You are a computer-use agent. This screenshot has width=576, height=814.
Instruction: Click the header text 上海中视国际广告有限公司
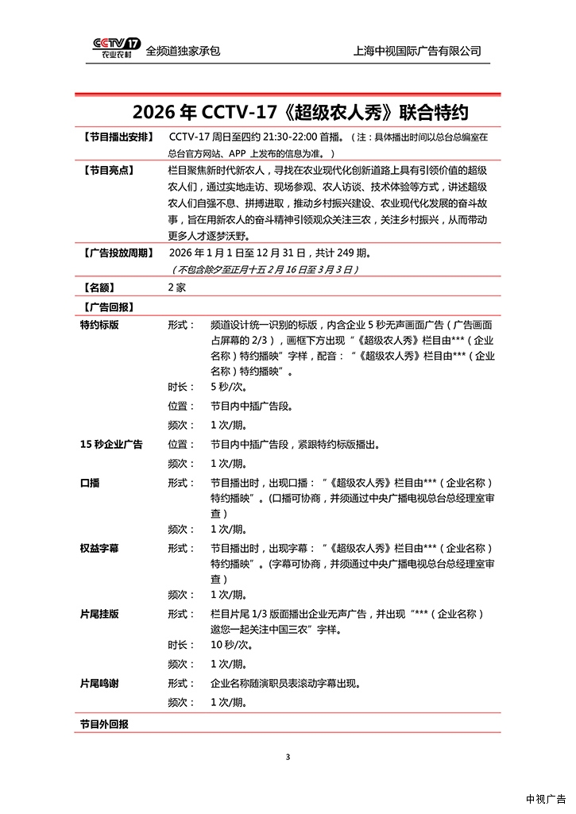pos(417,51)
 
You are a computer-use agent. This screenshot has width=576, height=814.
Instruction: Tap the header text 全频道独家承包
pos(183,51)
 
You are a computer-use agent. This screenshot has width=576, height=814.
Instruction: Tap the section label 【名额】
pos(99,287)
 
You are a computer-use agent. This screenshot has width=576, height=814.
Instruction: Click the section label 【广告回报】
pos(106,307)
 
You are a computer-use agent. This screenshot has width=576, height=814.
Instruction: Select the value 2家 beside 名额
pos(176,287)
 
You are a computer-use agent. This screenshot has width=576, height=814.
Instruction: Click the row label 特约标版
pos(99,325)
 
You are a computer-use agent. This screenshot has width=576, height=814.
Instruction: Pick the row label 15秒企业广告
pos(111,445)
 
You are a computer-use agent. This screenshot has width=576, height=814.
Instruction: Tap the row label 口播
pos(90,483)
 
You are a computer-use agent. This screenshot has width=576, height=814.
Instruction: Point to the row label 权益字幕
pos(99,549)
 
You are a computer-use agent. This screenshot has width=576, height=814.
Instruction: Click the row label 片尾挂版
pos(99,615)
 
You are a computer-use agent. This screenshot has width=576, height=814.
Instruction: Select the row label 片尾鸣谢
pos(99,683)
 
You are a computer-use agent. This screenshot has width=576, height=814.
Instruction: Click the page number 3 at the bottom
pos(288,756)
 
